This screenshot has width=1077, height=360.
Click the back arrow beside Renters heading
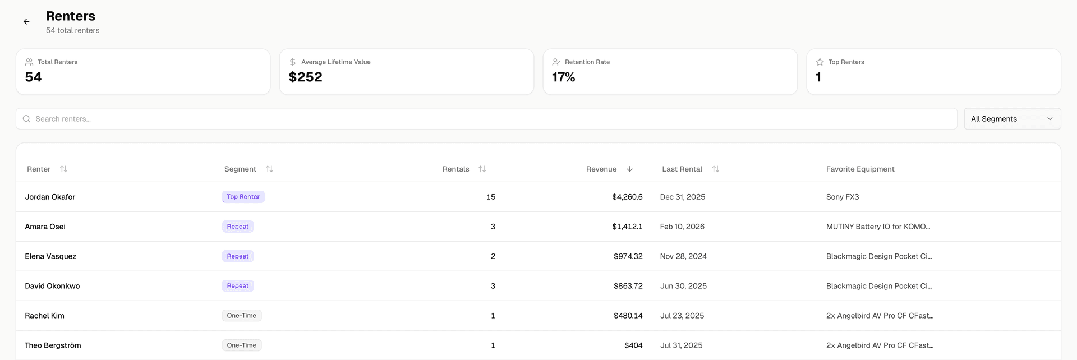tap(26, 22)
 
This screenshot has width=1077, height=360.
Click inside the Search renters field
tap(482, 119)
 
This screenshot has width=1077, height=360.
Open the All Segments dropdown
tap(1012, 119)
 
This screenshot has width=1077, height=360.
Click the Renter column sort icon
tap(64, 169)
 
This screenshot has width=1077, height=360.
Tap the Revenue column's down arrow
tap(629, 169)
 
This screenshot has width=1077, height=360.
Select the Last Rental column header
tap(682, 169)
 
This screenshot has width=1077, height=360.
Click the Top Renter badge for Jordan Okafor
tap(243, 197)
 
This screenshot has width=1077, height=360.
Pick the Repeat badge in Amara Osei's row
tap(238, 227)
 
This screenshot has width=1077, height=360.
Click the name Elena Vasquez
tap(50, 256)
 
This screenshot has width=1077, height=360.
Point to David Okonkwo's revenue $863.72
tap(628, 286)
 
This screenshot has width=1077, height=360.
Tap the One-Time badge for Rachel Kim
tap(242, 316)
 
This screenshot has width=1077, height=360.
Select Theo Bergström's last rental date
tap(681, 345)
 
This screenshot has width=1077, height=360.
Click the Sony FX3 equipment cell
tap(842, 197)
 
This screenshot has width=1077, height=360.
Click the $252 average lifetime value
tap(306, 77)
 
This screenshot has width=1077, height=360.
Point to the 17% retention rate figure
tap(564, 77)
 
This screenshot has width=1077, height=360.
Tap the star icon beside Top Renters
tap(820, 62)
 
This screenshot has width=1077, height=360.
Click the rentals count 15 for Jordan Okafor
tap(491, 197)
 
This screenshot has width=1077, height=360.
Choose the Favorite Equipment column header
tap(860, 169)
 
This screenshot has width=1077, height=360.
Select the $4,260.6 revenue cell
tap(627, 197)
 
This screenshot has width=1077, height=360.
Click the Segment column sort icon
tap(269, 169)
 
